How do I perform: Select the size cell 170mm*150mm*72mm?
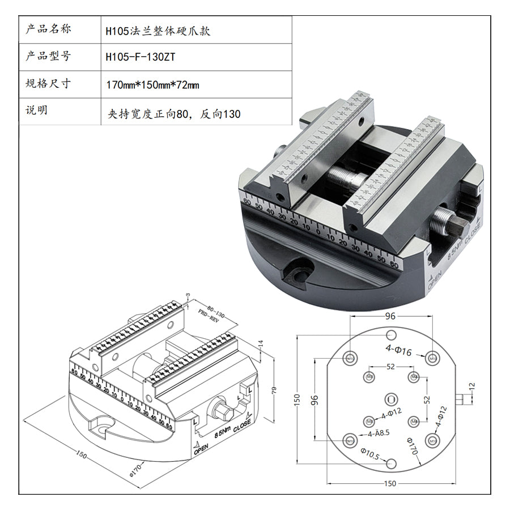(152, 86)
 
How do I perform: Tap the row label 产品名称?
(48, 29)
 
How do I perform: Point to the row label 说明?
(37, 110)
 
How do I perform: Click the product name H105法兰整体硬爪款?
(158, 31)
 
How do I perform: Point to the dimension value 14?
(260, 343)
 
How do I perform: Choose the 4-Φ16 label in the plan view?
(399, 351)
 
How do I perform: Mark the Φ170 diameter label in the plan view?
(411, 447)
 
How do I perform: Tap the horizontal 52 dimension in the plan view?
(390, 367)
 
